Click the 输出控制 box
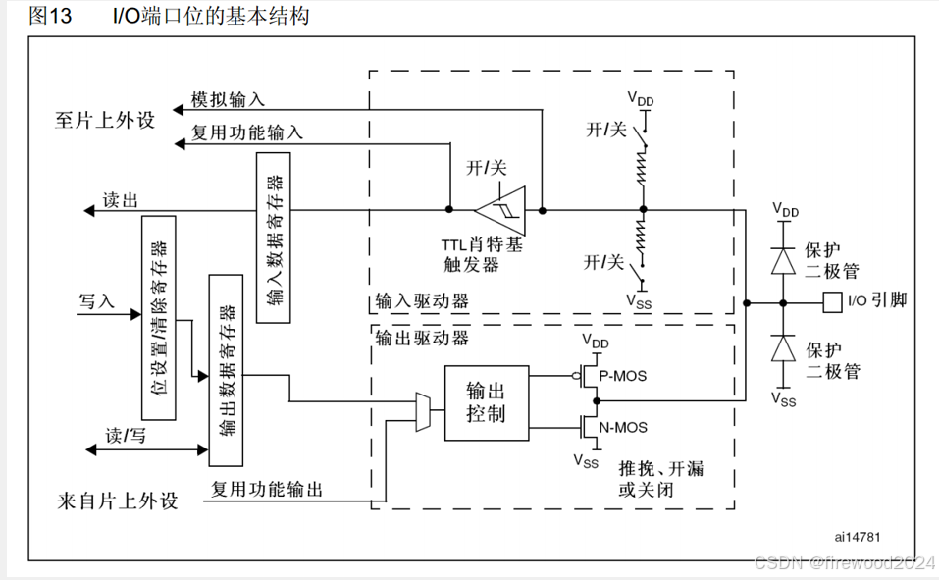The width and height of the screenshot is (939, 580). tap(486, 402)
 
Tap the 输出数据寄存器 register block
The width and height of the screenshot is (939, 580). tap(227, 370)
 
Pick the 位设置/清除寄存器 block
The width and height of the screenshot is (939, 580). tap(158, 319)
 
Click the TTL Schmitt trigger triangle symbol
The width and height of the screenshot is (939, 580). tap(499, 209)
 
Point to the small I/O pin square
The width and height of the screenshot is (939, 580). tap(832, 301)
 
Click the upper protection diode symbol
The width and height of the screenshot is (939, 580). tap(783, 259)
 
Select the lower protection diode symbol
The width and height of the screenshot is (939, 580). tap(783, 349)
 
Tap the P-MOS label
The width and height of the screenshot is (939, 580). tap(623, 375)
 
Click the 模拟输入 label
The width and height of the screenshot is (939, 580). tap(228, 99)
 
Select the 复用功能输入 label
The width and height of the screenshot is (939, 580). tap(247, 132)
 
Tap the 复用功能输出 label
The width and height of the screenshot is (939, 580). tap(268, 489)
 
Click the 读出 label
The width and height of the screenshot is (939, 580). tap(120, 200)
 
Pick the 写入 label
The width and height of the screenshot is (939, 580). tap(96, 301)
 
